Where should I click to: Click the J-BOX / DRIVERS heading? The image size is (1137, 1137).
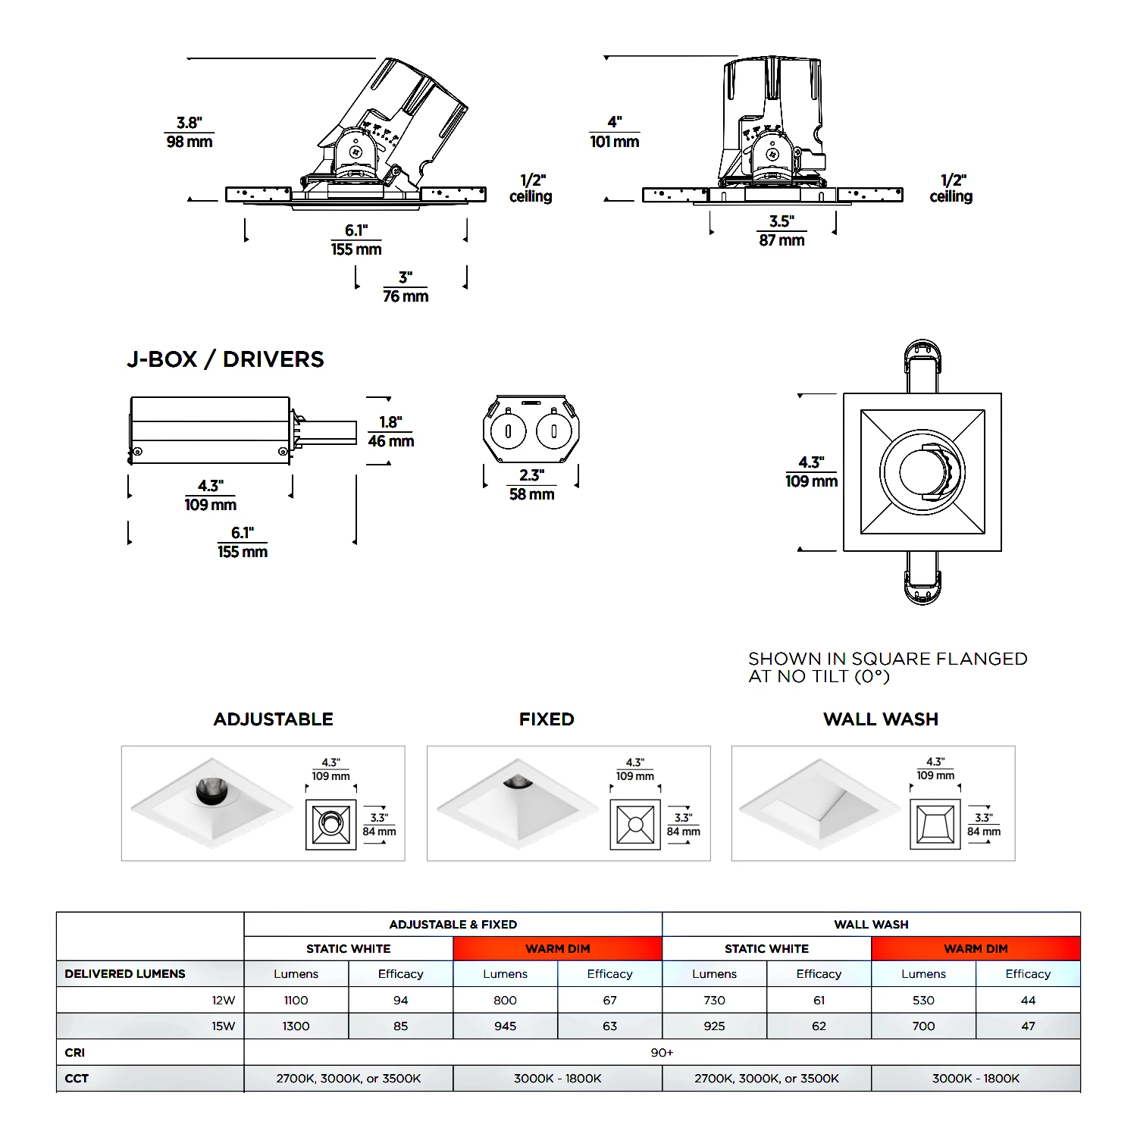(225, 359)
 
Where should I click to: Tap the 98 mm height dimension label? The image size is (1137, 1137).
(189, 142)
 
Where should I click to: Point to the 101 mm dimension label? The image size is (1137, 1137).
(615, 142)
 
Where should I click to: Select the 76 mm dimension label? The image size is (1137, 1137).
(406, 296)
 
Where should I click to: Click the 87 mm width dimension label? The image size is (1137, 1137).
(781, 240)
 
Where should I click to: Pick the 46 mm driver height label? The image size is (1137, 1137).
(391, 441)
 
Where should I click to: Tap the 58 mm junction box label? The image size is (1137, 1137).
(531, 494)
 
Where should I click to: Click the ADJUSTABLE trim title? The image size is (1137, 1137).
(274, 719)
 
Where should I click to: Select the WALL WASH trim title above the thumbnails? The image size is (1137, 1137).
(881, 719)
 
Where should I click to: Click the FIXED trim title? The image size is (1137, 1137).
(547, 719)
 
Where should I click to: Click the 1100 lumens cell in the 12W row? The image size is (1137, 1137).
(296, 1001)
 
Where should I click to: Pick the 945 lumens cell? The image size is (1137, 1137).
(505, 1026)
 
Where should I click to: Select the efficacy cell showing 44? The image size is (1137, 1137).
(1028, 1001)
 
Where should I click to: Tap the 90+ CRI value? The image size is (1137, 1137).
(662, 1053)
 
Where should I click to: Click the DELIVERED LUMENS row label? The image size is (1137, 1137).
(125, 974)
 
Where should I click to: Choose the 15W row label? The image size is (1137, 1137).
(224, 1026)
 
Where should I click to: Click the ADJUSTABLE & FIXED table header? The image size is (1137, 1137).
(453, 925)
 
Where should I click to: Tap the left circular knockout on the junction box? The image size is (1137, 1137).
(508, 431)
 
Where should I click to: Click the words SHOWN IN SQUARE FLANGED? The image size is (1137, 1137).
(888, 659)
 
